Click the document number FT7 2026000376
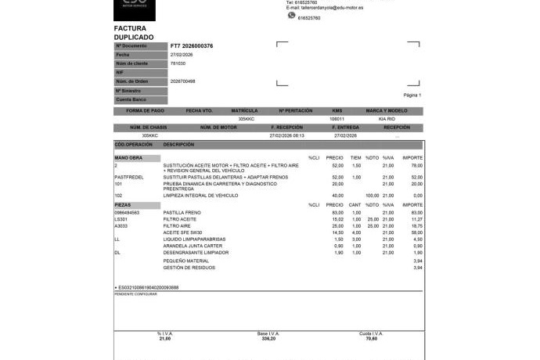click(191, 46)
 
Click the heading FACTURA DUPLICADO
click(134, 32)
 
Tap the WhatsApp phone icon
click(290, 16)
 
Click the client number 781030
click(178, 63)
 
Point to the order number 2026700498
click(182, 81)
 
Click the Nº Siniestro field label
click(128, 91)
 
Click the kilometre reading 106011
click(337, 119)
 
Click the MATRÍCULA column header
click(244, 111)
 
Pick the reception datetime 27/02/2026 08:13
click(286, 135)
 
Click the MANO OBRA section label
click(128, 159)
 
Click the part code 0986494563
click(127, 213)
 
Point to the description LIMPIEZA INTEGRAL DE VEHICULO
click(200, 196)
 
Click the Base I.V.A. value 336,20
click(269, 339)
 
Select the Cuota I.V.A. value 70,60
click(371, 339)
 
